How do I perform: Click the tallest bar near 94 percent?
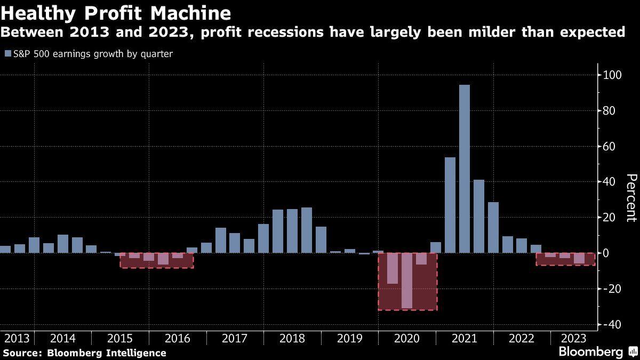coord(465,169)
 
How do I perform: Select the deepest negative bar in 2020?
coord(407,281)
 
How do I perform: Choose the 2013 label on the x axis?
coord(16,338)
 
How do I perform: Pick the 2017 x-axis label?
coord(235,338)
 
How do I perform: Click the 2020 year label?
coord(407,338)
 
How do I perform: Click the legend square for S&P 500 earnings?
coord(7,54)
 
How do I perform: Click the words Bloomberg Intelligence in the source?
coord(106,353)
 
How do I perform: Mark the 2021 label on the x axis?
coord(465,338)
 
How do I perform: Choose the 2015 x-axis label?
coord(120,338)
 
